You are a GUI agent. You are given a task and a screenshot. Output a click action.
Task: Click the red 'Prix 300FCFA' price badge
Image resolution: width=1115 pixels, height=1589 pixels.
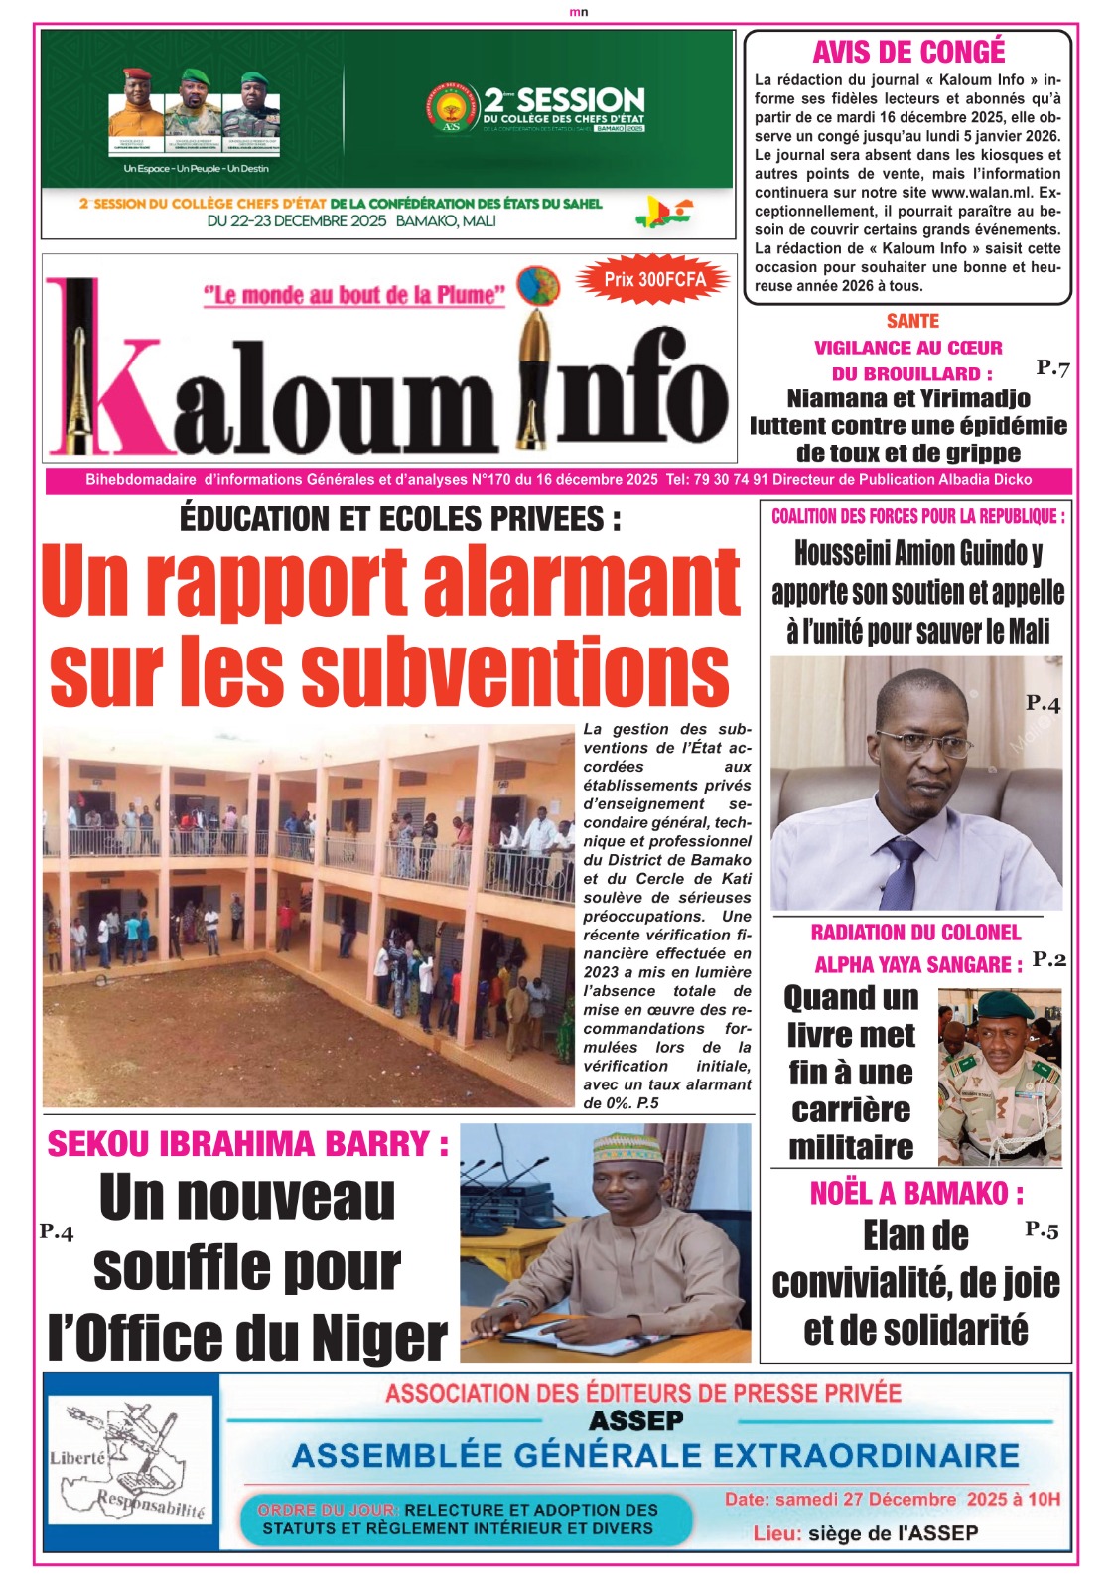click(654, 280)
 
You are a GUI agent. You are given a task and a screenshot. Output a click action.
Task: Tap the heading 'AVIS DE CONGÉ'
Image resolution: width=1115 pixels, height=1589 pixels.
click(908, 52)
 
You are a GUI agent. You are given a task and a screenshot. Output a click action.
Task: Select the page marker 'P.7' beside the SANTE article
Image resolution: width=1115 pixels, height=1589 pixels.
click(1052, 368)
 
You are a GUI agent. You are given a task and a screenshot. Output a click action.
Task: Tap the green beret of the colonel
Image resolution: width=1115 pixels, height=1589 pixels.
click(1004, 1008)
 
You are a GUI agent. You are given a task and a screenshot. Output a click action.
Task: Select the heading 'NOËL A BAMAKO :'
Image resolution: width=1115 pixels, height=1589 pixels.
click(915, 1193)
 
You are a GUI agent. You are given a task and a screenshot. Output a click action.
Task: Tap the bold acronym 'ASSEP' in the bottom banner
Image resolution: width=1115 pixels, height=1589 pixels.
click(635, 1421)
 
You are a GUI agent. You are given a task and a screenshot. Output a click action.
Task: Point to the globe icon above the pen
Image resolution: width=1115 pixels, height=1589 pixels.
click(537, 285)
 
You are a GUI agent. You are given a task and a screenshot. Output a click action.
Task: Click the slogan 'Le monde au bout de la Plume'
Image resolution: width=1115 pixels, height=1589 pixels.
click(354, 295)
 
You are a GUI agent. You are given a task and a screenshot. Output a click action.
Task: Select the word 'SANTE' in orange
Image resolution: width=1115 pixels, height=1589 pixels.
click(912, 321)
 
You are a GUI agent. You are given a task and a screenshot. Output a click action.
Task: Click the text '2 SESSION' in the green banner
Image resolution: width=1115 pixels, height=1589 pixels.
click(564, 100)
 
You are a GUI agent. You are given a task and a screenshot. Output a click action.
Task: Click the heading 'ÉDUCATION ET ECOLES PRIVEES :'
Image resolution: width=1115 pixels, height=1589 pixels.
click(400, 518)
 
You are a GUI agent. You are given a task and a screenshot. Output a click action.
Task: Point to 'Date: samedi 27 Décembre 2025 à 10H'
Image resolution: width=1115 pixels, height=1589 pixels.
click(892, 1499)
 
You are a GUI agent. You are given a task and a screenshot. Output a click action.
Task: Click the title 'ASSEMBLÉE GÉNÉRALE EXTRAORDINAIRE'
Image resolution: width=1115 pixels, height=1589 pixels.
click(655, 1456)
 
